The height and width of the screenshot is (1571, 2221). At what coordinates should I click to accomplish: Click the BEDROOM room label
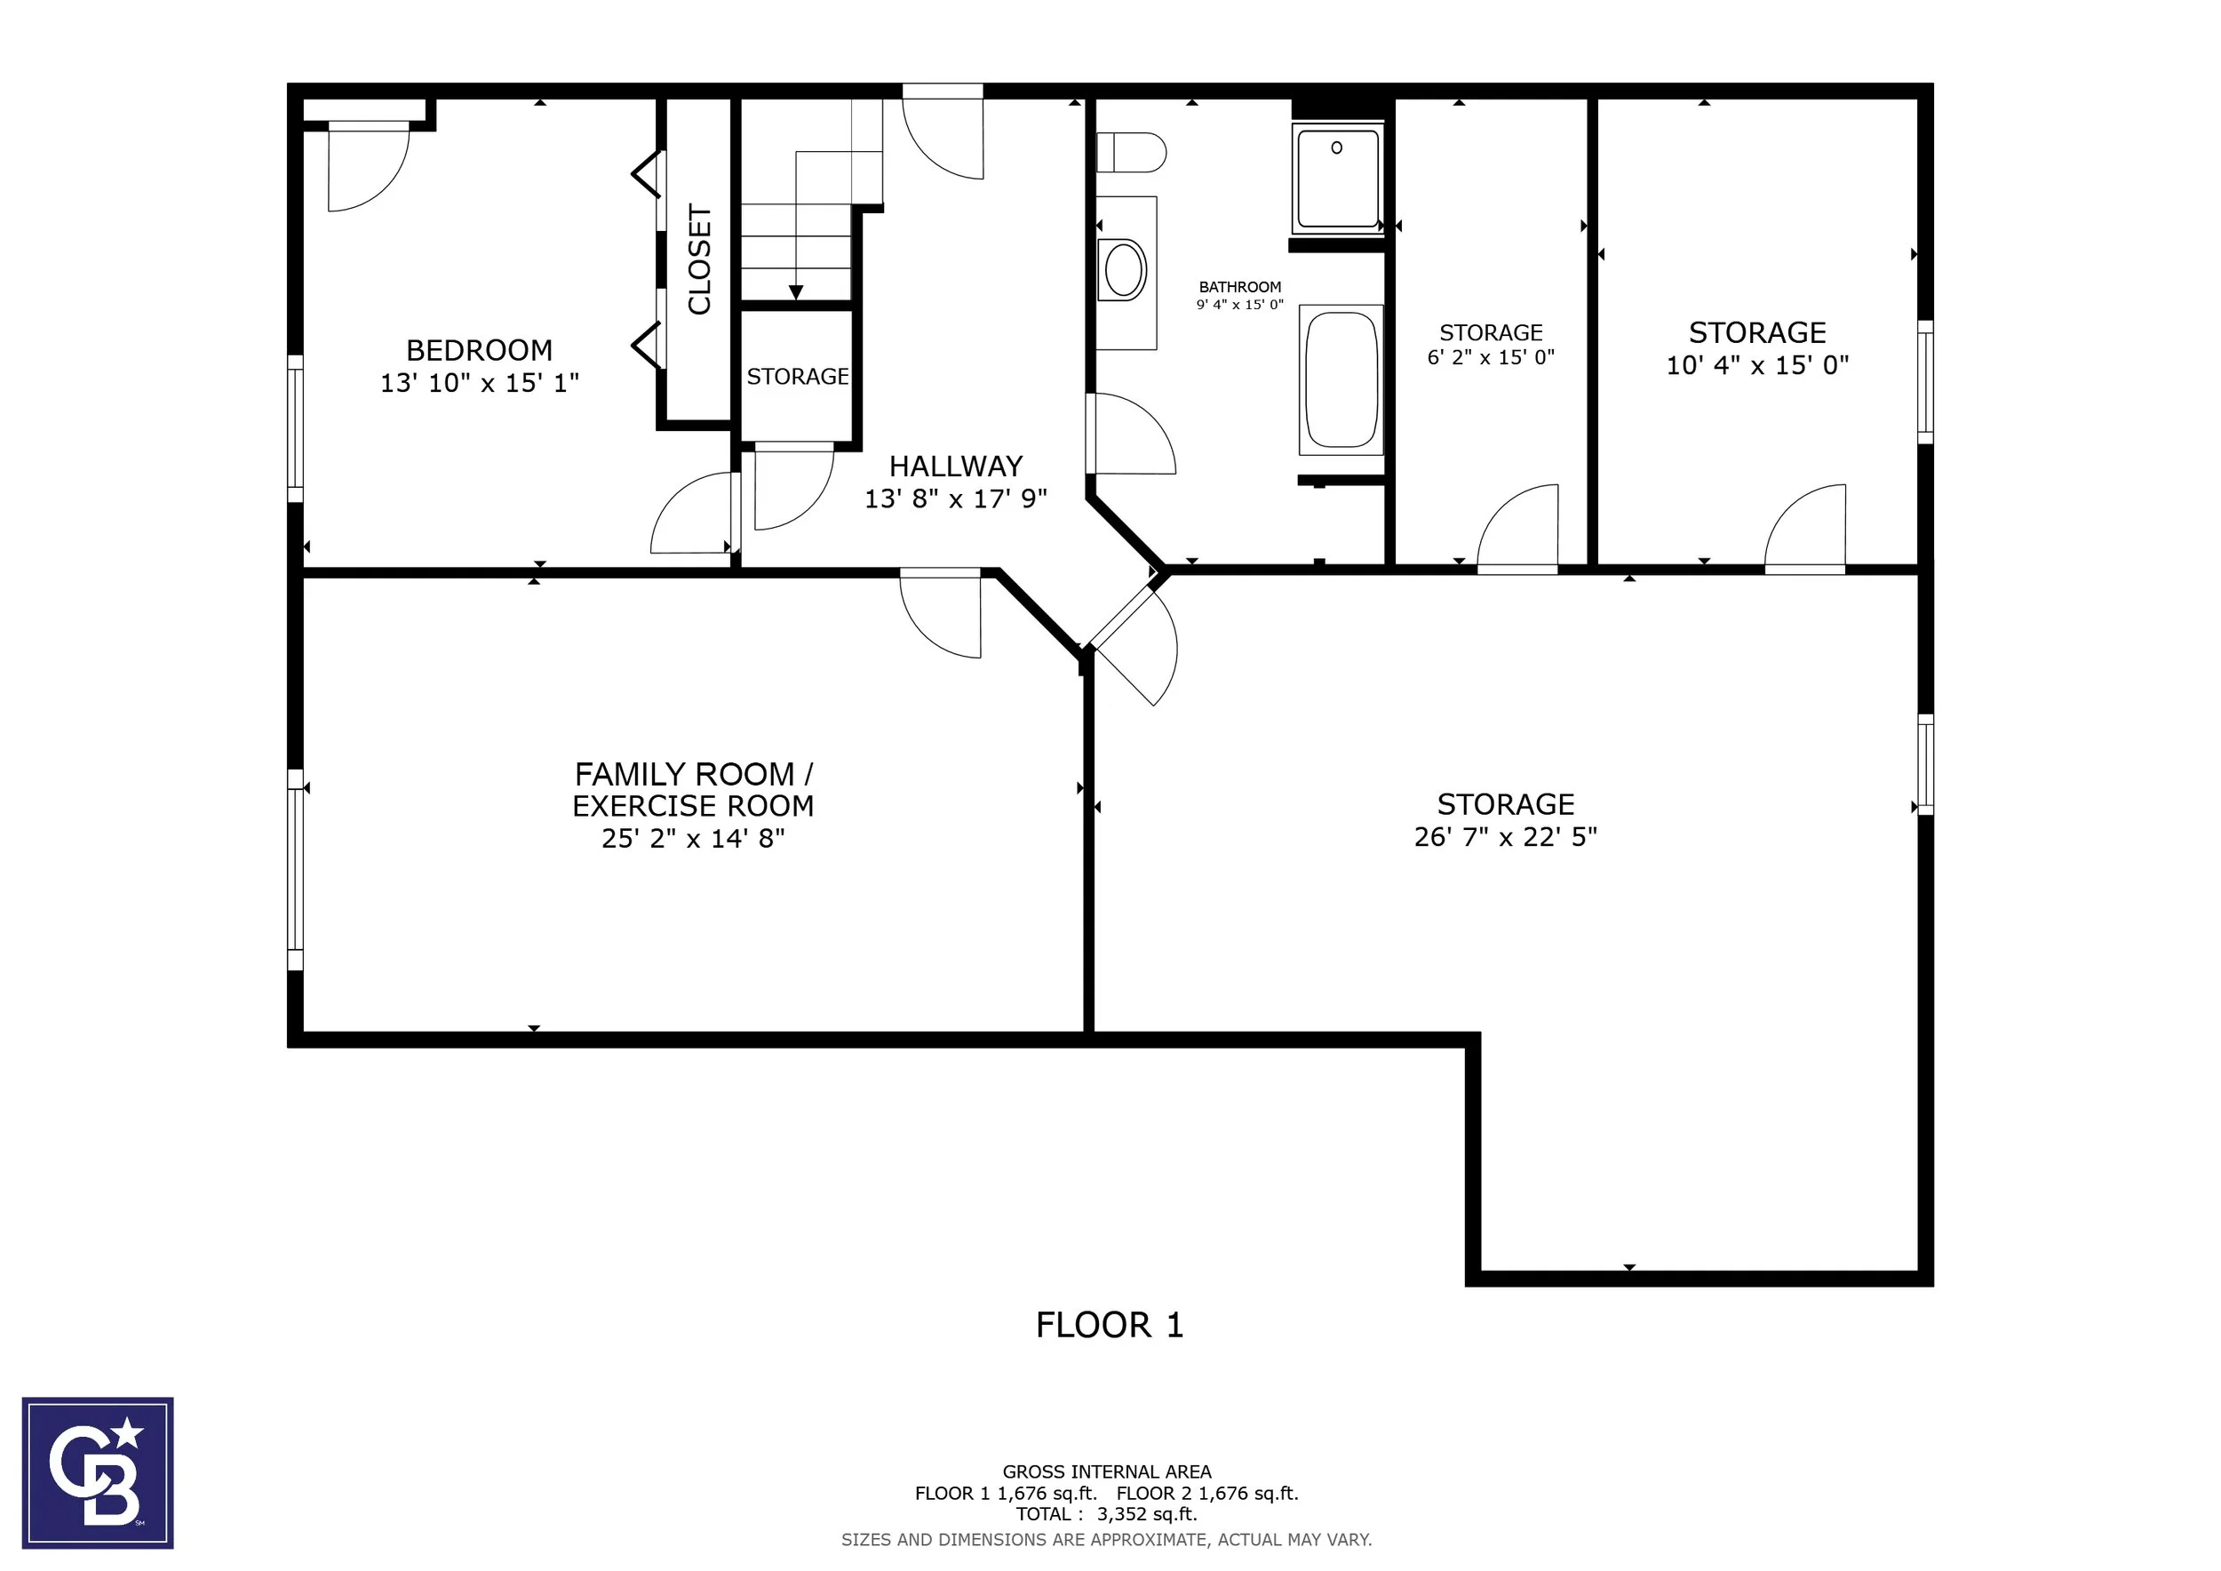(x=479, y=349)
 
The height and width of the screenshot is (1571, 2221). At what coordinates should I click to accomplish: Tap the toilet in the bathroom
(x=1131, y=152)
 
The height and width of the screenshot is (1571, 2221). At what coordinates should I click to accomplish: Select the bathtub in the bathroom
(x=1341, y=379)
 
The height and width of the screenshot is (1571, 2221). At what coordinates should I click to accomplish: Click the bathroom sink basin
(x=1125, y=270)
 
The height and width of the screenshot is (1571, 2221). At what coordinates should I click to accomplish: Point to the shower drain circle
(x=1337, y=148)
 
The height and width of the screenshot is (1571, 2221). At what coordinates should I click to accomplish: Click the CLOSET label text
(x=699, y=259)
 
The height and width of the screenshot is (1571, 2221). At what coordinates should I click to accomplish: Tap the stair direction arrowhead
(x=796, y=292)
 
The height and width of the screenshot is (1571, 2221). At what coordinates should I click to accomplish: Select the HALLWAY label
(x=956, y=467)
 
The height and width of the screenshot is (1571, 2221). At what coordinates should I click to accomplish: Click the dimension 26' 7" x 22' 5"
(x=1505, y=836)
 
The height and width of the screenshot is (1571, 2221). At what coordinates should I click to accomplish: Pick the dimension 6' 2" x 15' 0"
(x=1491, y=357)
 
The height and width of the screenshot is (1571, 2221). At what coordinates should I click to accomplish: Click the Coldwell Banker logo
(x=98, y=1472)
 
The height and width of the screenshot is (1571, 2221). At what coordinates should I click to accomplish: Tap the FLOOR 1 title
(x=1110, y=1324)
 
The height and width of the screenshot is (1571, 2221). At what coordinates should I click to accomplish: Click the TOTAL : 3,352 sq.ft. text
(x=1107, y=1514)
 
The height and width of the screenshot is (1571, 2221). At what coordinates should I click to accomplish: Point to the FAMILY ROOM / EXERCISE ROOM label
(x=693, y=789)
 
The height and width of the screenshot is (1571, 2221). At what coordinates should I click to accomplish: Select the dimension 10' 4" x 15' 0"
(x=1756, y=364)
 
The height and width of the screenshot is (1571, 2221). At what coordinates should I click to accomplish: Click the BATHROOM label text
(x=1240, y=286)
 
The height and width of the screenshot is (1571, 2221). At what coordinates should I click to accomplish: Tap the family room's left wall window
(x=295, y=870)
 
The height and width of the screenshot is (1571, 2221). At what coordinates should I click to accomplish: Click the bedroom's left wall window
(x=295, y=428)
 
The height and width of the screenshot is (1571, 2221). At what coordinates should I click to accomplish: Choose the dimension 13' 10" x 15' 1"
(x=479, y=382)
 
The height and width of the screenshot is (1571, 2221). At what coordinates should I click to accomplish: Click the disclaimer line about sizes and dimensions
(x=1107, y=1539)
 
